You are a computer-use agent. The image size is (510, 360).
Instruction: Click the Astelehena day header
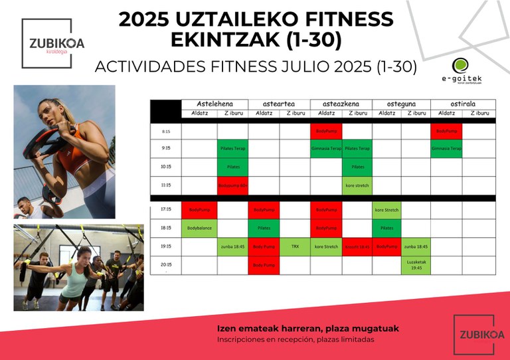[x=214, y=104]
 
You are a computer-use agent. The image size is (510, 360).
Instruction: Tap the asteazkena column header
[x=341, y=104]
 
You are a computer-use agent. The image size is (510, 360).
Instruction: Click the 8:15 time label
[x=165, y=131]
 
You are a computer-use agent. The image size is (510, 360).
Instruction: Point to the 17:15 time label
[x=165, y=210]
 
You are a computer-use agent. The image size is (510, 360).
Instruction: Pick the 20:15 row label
[x=165, y=264]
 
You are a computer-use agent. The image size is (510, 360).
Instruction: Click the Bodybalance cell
[x=199, y=228]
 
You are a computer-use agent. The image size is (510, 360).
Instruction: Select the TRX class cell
[x=295, y=246]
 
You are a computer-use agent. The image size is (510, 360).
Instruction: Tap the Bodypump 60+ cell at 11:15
[x=232, y=185]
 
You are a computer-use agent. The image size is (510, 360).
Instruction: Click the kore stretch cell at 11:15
[x=357, y=185]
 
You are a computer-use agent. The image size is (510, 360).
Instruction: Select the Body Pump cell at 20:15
[x=264, y=265]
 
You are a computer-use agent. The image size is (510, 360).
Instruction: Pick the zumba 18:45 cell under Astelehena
[x=232, y=246]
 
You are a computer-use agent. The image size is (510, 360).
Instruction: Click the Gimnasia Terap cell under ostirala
[x=446, y=149]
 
